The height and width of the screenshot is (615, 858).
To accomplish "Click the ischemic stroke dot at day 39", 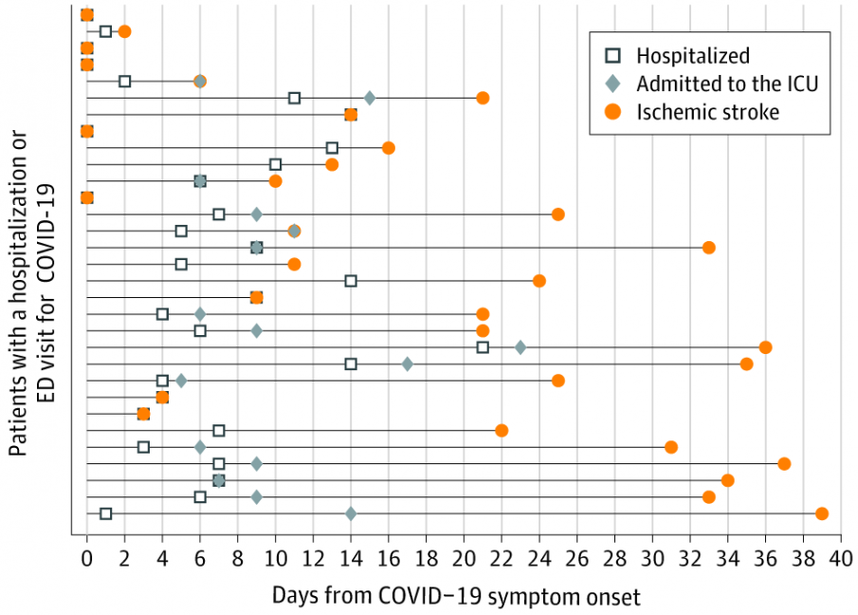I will [x=822, y=513].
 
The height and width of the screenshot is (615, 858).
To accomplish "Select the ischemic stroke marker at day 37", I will [x=784, y=463].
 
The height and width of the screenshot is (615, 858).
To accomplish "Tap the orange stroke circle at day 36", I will [x=765, y=347].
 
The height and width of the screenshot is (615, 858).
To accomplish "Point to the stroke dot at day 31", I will [x=671, y=447].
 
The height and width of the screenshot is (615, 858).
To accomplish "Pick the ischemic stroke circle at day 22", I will [x=502, y=430].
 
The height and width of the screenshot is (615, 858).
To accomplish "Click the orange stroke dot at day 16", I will [x=389, y=148].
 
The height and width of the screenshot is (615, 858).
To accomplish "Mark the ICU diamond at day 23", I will [x=520, y=347].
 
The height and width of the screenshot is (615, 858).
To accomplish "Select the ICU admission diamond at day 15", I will [x=370, y=98].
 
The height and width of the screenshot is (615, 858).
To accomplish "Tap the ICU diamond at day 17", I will [x=408, y=363].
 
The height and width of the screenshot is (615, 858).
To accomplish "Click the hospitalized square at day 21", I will [x=483, y=347].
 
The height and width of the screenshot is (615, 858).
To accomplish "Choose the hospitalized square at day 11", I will [x=295, y=98].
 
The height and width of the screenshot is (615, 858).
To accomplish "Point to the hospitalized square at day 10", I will [x=276, y=164].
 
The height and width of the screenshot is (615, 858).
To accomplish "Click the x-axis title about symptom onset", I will [x=457, y=596].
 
